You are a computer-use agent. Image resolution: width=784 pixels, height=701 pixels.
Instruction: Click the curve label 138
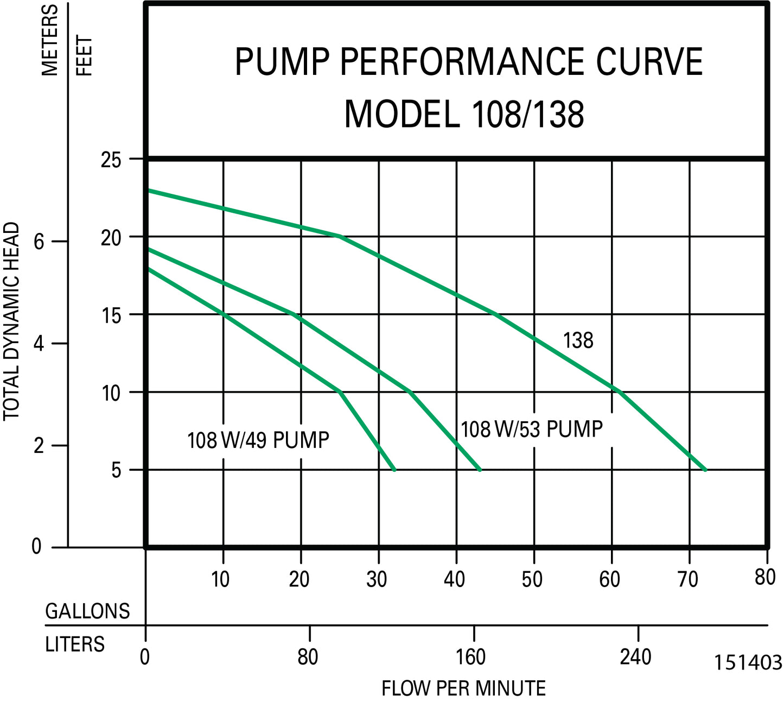[x=578, y=340]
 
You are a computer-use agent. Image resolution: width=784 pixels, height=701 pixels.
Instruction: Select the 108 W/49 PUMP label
[x=258, y=440]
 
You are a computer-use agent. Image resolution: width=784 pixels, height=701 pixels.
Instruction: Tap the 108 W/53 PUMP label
[x=531, y=429]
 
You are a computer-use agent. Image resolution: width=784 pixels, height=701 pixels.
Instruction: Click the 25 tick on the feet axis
[x=111, y=161]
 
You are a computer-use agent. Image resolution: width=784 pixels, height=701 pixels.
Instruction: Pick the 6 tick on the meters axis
[x=39, y=242]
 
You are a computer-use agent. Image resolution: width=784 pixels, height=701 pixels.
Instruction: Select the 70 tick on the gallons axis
[x=687, y=579]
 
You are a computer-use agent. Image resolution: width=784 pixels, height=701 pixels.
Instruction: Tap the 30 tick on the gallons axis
[x=376, y=579]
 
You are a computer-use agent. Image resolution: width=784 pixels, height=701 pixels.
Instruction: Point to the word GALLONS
[x=87, y=611]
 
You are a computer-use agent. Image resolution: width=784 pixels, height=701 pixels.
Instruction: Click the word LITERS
[x=75, y=644]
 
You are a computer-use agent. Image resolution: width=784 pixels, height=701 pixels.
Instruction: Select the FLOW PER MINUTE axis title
[x=463, y=689]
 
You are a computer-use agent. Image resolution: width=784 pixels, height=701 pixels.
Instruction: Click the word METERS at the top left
[x=50, y=40]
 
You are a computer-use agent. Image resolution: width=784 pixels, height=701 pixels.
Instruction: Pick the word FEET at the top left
[x=85, y=55]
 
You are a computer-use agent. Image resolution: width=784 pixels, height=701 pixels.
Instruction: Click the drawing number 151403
[x=748, y=663]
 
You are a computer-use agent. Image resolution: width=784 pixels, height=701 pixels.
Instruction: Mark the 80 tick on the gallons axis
[x=765, y=577]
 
